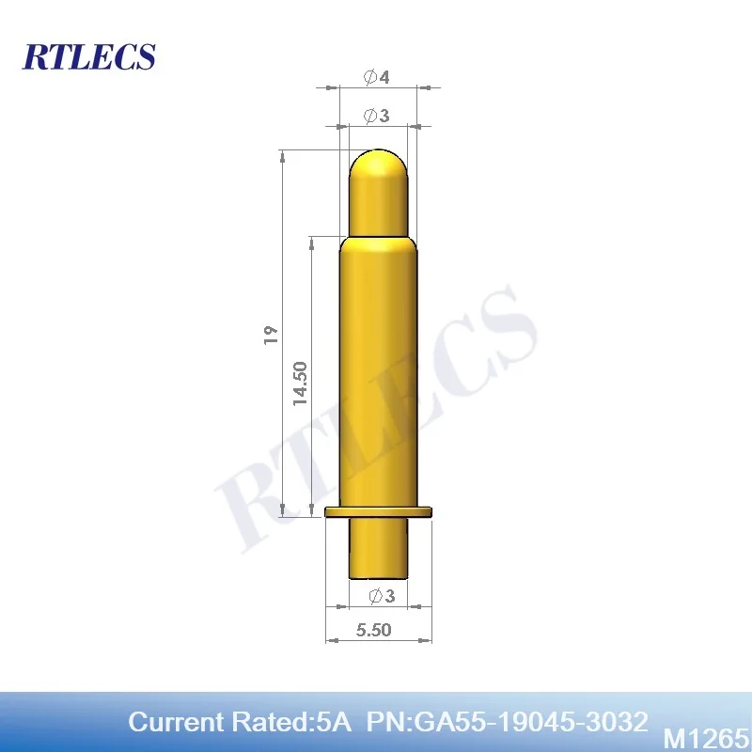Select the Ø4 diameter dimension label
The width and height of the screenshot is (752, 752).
point(376,77)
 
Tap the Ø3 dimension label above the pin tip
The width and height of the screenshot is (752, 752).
point(376,116)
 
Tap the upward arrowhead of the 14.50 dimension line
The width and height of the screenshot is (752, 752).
point(311,241)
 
